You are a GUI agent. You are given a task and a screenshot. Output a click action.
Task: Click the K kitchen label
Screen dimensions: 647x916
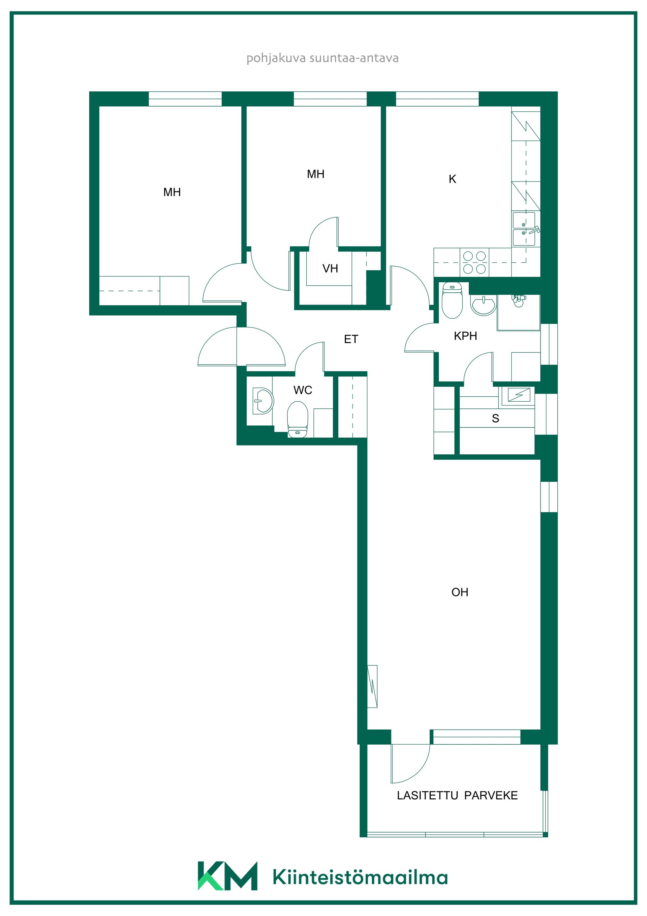click(x=452, y=179)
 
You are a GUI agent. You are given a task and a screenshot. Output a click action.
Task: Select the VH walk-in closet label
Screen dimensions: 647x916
click(x=330, y=269)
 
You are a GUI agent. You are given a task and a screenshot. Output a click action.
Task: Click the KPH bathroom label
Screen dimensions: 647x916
click(x=465, y=336)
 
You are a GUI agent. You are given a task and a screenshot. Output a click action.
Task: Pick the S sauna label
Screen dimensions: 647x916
click(x=495, y=419)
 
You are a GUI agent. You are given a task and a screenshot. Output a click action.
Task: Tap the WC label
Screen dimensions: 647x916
click(x=303, y=390)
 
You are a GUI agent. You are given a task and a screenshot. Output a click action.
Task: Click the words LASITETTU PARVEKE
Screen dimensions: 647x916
click(x=457, y=796)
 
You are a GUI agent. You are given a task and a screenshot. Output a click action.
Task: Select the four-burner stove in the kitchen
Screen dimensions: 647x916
click(x=474, y=262)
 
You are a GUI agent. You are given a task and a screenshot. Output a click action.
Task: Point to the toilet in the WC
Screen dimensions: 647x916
click(x=298, y=419)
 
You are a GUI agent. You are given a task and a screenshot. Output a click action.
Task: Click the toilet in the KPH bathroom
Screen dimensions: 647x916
click(x=452, y=300)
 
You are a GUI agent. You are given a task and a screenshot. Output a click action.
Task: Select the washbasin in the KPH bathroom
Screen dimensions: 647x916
click(x=483, y=305)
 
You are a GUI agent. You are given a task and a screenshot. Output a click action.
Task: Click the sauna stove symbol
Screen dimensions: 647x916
click(x=519, y=395)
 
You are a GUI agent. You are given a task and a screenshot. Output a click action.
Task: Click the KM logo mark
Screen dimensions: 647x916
click(x=227, y=876)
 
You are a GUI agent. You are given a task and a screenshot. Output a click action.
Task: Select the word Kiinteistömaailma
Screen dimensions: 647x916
click(x=360, y=877)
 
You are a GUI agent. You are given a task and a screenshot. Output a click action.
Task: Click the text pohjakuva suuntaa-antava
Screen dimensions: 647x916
click(x=322, y=58)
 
